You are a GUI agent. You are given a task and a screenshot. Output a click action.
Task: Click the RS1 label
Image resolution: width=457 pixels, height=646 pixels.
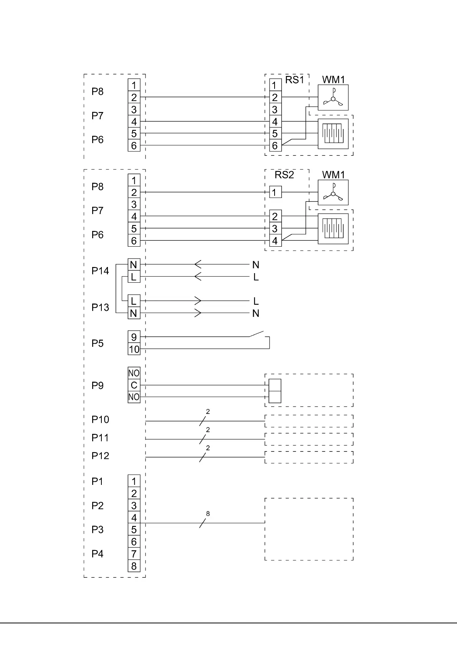tap(295, 80)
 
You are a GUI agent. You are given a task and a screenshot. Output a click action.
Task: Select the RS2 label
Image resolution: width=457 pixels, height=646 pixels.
tap(284, 175)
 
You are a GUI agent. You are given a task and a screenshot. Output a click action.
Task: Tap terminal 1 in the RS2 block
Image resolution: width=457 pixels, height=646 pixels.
tap(275, 192)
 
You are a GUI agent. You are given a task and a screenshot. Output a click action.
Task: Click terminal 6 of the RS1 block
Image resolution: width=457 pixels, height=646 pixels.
tap(275, 146)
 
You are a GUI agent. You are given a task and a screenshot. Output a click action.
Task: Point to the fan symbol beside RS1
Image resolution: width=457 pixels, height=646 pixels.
tap(333, 98)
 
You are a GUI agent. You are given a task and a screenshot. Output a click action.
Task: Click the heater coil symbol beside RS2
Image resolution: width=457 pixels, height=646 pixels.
tap(333, 229)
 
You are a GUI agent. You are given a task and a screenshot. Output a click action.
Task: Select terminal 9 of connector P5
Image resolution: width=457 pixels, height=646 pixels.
tap(134, 337)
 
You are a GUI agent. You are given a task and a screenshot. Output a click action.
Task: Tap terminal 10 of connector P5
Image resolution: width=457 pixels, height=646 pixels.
tap(134, 349)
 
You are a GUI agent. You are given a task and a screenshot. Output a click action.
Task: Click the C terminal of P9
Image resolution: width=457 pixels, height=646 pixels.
tap(134, 385)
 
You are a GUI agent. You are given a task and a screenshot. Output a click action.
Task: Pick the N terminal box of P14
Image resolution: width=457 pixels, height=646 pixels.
tap(134, 265)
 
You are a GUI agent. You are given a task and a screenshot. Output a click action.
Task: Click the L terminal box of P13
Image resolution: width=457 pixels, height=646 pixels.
tap(134, 301)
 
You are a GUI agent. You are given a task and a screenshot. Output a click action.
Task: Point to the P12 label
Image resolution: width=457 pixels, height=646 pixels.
tap(100, 456)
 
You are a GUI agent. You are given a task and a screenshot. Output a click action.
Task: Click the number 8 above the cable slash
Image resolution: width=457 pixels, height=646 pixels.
tap(208, 514)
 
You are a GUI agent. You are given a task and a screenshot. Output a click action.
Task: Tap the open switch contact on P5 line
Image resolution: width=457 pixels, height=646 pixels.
tap(257, 334)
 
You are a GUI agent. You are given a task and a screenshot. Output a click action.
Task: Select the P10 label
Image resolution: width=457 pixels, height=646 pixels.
tap(100, 420)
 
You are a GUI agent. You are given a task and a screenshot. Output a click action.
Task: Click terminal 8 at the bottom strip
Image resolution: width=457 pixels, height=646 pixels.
tap(134, 566)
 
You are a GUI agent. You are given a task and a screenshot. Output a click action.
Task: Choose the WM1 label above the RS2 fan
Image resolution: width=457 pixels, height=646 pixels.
tap(333, 175)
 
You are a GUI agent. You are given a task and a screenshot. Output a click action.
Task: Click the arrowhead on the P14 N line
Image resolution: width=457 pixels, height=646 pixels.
tap(198, 264)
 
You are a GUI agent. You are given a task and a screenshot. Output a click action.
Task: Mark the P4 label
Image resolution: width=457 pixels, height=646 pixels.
tap(98, 554)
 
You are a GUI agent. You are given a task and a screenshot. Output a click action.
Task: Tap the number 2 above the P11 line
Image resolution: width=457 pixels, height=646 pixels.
tap(208, 430)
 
